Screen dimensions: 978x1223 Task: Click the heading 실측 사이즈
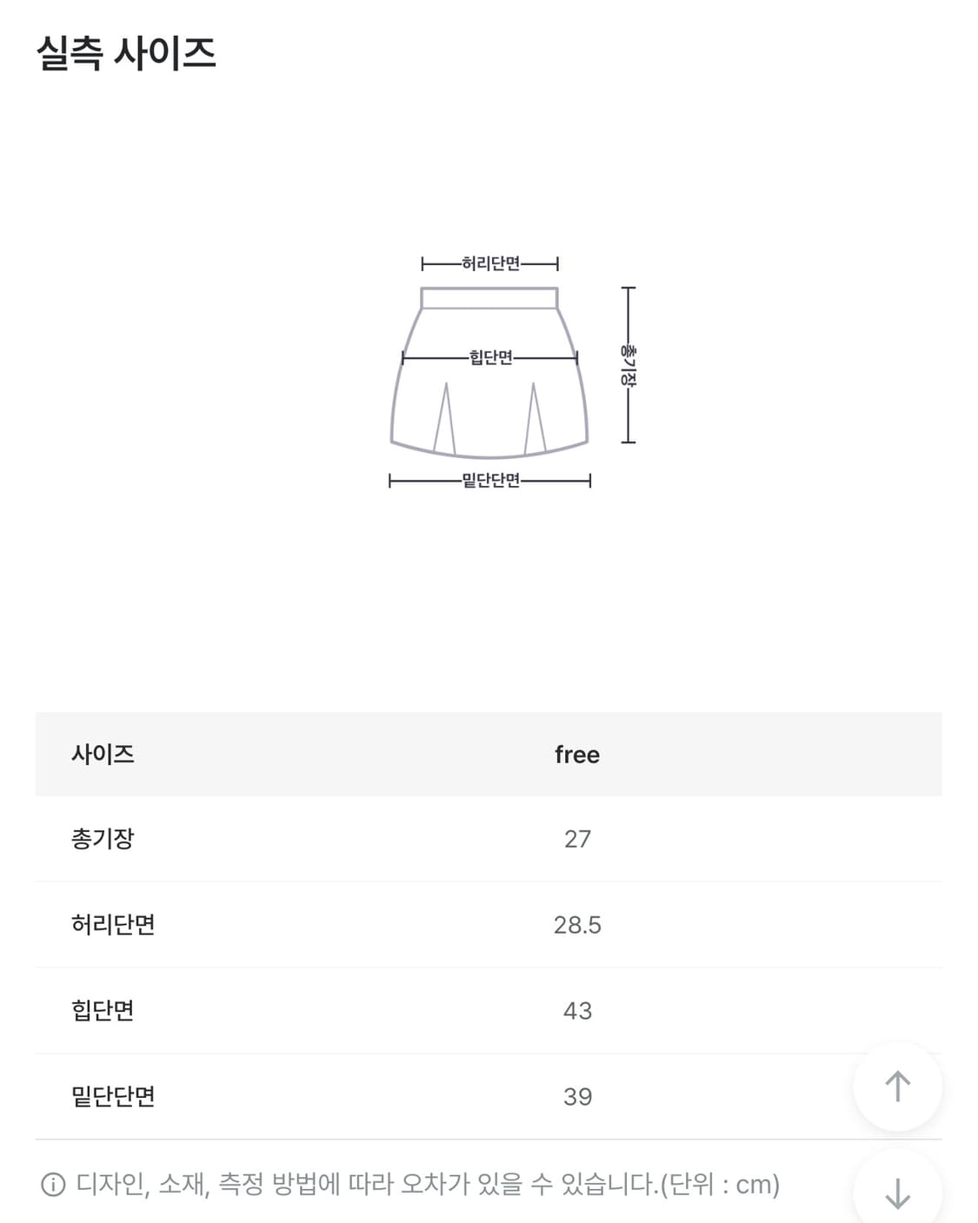[x=126, y=53]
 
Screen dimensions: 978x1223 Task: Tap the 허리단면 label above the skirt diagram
[x=490, y=263]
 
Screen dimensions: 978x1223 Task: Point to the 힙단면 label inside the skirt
[x=490, y=357]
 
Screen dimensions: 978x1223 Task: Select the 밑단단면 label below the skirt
[x=490, y=481]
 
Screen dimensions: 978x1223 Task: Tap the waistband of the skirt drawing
[x=489, y=298]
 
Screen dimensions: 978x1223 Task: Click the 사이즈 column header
[x=103, y=754]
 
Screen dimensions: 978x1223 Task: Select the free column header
[x=577, y=754]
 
